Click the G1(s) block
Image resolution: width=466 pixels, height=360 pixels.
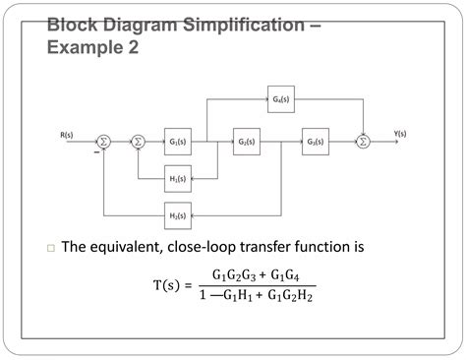click(179, 142)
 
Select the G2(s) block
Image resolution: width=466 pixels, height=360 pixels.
click(247, 142)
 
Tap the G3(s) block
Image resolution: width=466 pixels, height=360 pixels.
click(316, 142)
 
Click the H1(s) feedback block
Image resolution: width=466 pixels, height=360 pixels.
click(179, 178)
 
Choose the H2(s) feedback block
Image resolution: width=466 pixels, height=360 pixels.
click(179, 213)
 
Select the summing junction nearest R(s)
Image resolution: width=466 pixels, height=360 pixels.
click(105, 142)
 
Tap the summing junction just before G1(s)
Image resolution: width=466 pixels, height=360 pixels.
click(138, 142)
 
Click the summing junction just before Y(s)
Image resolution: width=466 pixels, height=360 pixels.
click(362, 142)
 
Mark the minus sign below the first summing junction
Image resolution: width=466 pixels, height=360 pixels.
click(96, 152)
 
